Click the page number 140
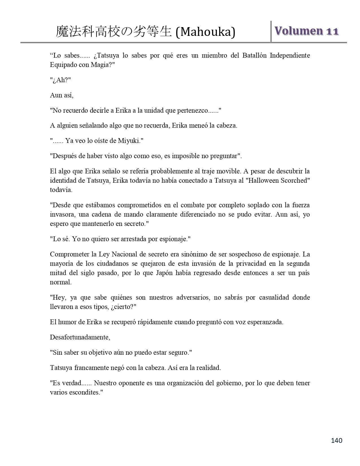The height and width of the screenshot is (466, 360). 337,440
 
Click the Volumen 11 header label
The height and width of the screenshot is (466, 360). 307,31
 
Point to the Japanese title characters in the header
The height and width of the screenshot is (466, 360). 114,32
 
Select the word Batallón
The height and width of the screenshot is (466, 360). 254,55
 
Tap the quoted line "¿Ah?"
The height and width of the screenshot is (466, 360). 60,80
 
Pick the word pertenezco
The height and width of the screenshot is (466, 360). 192,110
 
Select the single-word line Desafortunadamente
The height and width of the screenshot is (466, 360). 80,337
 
